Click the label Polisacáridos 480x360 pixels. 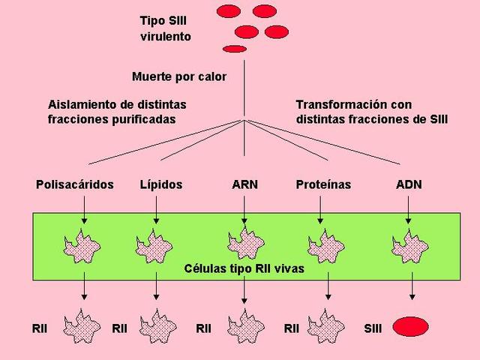click(x=74, y=184)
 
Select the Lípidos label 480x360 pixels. click(x=160, y=184)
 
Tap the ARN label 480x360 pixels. click(x=244, y=184)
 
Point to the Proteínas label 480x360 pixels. click(x=323, y=184)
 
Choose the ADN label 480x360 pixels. click(x=409, y=184)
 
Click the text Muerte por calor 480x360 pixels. click(x=178, y=76)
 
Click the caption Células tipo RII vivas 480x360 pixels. click(x=244, y=268)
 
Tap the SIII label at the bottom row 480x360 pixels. click(x=373, y=328)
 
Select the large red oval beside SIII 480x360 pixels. click(x=410, y=327)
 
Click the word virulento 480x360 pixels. click(x=165, y=36)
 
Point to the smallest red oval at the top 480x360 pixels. click(x=235, y=49)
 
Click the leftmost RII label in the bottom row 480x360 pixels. click(x=40, y=328)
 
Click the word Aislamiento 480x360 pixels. click(x=75, y=104)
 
